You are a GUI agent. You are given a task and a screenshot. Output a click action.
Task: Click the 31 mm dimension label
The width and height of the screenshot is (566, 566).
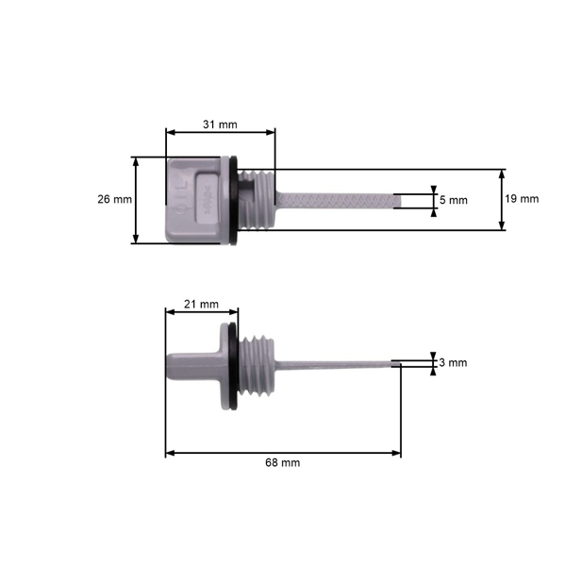[220, 124]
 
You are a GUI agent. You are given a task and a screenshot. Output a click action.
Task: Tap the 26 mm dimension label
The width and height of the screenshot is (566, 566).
[114, 199]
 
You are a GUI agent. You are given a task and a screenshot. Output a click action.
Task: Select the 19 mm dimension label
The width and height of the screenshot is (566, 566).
[522, 199]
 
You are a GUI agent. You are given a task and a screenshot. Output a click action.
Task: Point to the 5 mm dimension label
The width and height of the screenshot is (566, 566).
[454, 200]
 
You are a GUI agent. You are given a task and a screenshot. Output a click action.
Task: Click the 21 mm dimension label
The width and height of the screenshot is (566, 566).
[201, 304]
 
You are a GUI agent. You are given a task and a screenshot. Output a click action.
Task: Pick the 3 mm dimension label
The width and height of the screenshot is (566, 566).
[454, 362]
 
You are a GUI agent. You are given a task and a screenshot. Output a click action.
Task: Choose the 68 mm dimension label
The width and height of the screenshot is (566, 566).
[283, 463]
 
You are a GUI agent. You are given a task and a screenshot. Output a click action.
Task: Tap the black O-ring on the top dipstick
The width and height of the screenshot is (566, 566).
[232, 200]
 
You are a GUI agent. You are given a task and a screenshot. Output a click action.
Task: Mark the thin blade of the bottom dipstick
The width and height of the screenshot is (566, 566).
[340, 362]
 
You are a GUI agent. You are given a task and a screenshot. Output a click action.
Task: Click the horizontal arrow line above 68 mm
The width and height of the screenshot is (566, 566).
[283, 453]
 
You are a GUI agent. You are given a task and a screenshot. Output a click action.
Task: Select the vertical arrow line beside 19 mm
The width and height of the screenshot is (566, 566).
[501, 200]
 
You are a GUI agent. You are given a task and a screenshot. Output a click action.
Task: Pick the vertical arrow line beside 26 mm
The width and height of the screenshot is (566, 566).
[137, 200]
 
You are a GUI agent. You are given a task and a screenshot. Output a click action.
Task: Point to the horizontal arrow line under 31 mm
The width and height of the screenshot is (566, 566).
[220, 133]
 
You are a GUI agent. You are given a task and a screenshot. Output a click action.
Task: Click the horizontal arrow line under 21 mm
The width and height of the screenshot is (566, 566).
[201, 313]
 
